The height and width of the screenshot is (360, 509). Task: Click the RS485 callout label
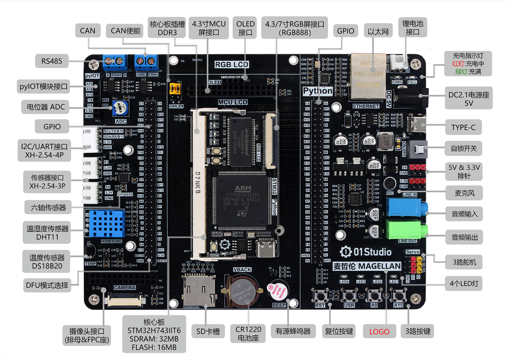51,61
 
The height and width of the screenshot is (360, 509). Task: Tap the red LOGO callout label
379,332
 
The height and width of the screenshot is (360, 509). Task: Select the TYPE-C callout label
463,128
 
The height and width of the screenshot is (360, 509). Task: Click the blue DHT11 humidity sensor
106,223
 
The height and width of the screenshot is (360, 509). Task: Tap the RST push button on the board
320,296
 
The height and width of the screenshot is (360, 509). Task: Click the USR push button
349,296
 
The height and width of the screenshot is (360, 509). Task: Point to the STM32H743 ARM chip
240,199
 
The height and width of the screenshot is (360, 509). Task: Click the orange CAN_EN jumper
175,90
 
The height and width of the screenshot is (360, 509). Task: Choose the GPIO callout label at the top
346,31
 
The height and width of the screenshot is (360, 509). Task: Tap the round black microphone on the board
389,183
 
